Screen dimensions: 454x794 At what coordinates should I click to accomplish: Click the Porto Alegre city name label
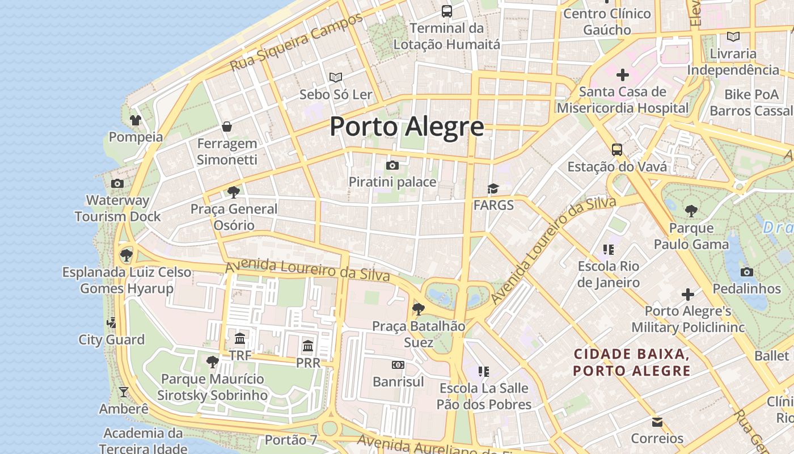407,127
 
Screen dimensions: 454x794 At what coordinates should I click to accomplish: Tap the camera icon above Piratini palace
392,166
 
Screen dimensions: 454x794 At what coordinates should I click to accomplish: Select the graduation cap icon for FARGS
493,188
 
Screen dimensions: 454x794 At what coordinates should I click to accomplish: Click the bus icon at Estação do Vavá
617,150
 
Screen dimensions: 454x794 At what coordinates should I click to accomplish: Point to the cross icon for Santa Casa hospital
623,74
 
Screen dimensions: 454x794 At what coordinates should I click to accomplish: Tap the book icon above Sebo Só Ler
336,77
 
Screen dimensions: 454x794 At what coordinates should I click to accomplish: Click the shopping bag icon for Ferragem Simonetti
227,126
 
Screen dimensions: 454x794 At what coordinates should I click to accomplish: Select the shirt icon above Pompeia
136,120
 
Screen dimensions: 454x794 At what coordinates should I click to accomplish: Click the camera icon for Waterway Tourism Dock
117,183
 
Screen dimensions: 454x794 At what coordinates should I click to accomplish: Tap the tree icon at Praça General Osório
233,192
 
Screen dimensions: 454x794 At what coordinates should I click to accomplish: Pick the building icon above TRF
240,339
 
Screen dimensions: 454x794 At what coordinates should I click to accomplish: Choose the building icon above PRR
307,346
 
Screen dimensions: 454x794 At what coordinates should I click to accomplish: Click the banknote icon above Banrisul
398,365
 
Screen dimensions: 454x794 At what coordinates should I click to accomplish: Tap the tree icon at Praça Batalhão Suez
419,309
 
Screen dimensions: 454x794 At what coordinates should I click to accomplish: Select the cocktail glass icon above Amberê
123,392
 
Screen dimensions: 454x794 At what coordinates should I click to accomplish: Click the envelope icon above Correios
657,422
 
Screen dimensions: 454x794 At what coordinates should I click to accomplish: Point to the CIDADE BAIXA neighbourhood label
632,363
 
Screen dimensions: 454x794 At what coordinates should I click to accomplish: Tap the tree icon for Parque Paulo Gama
691,211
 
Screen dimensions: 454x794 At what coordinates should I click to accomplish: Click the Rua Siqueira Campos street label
295,43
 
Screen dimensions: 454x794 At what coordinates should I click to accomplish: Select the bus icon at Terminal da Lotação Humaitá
447,11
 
